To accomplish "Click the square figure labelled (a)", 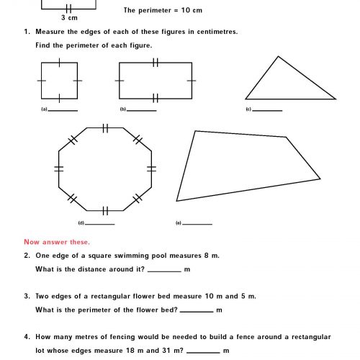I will point(58,81).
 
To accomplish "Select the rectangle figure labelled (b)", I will point(156,81).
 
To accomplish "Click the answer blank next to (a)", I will point(63,110).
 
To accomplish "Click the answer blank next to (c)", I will point(268,110).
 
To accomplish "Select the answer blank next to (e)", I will point(198,224).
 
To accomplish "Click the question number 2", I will point(27,256).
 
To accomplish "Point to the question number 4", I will point(27,337).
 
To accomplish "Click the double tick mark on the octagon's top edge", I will point(105,128).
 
